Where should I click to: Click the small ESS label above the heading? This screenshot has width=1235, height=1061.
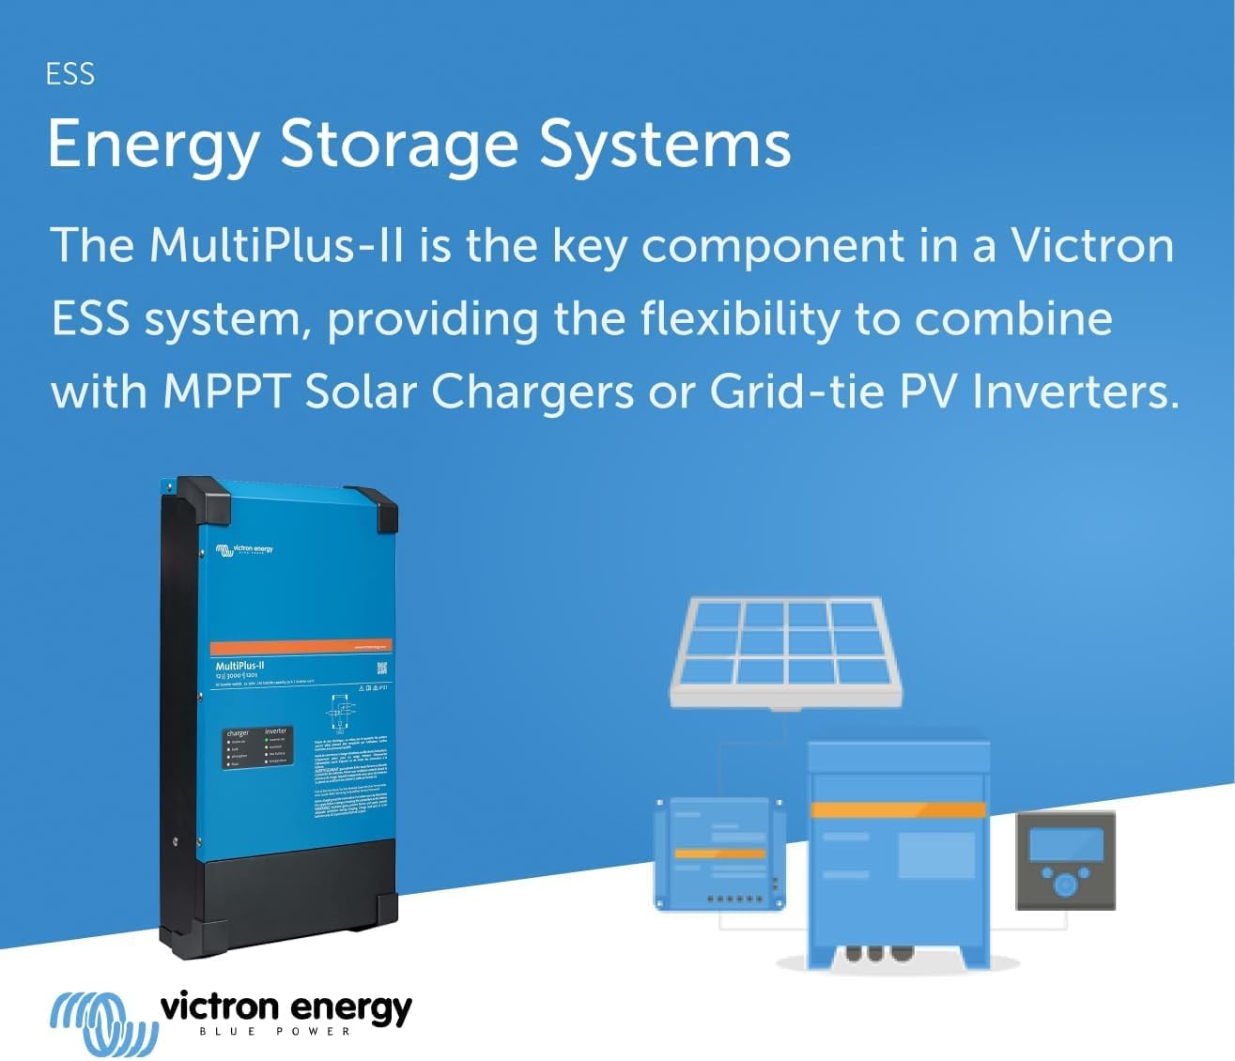click(x=70, y=74)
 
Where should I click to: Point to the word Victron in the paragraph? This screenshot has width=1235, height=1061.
click(x=1091, y=245)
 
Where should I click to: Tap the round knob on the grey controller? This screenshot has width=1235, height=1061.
click(x=1065, y=884)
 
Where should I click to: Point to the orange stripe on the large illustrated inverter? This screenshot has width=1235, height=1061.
click(x=898, y=809)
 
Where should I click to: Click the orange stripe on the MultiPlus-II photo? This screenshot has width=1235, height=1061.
click(x=300, y=648)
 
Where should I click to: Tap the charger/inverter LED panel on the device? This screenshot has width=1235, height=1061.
click(x=255, y=747)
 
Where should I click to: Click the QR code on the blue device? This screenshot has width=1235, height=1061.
click(x=382, y=669)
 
